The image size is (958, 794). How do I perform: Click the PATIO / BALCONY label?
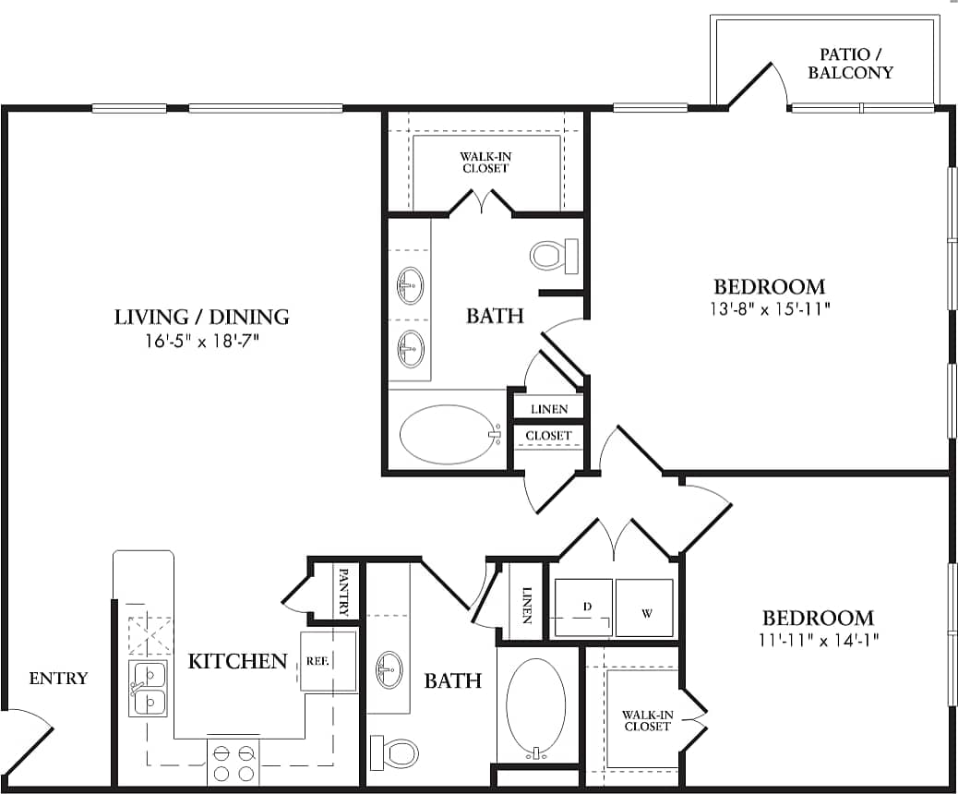click(850, 64)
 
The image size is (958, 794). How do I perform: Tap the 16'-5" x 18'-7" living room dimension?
click(201, 341)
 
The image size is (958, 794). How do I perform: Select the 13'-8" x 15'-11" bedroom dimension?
click(770, 309)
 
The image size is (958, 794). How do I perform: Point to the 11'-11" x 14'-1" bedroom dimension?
click(817, 640)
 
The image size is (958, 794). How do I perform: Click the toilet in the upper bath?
click(552, 254)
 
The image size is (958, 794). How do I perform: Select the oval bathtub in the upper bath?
click(448, 435)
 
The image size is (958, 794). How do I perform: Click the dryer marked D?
click(582, 608)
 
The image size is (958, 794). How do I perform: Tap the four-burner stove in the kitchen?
click(234, 763)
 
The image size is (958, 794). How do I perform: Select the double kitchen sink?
click(149, 689)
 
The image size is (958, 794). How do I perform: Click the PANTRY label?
click(344, 591)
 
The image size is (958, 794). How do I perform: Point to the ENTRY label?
click(58, 679)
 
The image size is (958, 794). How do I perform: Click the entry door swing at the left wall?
click(28, 739)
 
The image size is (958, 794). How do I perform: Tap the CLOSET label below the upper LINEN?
click(548, 435)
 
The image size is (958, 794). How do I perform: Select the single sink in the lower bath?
click(389, 668)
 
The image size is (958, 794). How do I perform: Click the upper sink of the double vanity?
click(410, 285)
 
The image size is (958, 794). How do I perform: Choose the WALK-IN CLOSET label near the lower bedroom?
click(646, 720)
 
